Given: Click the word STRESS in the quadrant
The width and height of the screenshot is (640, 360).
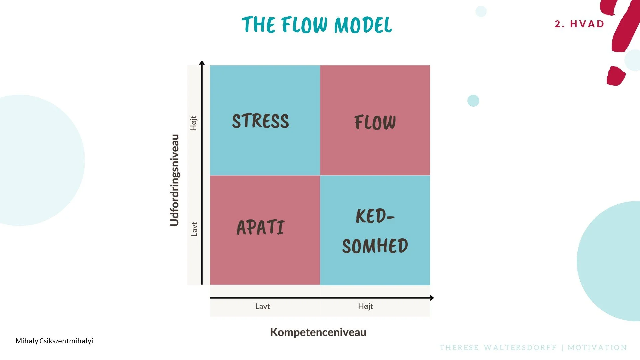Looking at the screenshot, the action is [260, 121].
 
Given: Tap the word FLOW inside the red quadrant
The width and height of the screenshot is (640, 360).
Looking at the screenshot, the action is [375, 122].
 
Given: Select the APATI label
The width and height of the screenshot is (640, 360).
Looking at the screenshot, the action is [260, 228].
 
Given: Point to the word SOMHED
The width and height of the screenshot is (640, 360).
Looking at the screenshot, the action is [375, 246].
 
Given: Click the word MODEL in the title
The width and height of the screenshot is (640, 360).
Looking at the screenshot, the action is [363, 25].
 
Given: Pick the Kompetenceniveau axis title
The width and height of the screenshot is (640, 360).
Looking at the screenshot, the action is [318, 332].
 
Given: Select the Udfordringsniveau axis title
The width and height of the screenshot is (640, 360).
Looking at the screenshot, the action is [175, 180].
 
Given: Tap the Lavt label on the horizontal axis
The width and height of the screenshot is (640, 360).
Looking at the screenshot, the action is [262, 306].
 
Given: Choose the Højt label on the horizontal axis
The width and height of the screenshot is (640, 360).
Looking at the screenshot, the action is [365, 306].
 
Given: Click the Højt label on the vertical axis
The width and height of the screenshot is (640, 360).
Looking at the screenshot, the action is [194, 123].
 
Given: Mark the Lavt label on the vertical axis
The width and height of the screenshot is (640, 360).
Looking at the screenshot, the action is [194, 229].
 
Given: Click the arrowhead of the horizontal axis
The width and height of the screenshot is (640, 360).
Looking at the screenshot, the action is [432, 298].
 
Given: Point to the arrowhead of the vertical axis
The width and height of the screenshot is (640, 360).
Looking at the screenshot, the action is [202, 63].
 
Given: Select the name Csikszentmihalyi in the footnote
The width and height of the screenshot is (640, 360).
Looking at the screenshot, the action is [66, 341].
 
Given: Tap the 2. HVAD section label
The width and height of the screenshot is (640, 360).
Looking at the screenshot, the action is [579, 24].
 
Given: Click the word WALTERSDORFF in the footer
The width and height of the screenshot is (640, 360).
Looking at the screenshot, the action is [520, 348].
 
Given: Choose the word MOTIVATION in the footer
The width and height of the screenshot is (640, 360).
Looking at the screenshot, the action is [597, 348].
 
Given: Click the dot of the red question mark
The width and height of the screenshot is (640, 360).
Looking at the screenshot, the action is [615, 76].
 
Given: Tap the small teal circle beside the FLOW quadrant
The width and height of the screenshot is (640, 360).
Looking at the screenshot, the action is [473, 101].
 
